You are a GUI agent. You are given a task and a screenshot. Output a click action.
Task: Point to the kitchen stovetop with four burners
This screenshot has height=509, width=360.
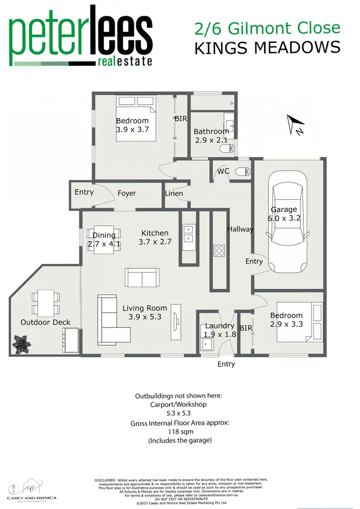[x=219, y=250]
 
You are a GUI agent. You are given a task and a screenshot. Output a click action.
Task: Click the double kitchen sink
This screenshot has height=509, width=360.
[x=189, y=233]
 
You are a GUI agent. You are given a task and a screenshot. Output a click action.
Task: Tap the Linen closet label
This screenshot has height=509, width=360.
[x=174, y=194]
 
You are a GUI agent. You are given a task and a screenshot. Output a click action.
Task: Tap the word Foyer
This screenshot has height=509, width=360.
[x=127, y=193]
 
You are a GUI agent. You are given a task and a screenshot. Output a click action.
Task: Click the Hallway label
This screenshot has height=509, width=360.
[x=240, y=229]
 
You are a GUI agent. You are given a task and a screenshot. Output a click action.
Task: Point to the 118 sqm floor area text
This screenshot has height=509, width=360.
[x=178, y=432]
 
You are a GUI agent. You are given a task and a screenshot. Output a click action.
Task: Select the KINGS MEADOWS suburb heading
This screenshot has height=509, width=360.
[x=267, y=48]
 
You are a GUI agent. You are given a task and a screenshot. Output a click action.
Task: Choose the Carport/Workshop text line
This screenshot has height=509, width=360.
[x=178, y=404]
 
